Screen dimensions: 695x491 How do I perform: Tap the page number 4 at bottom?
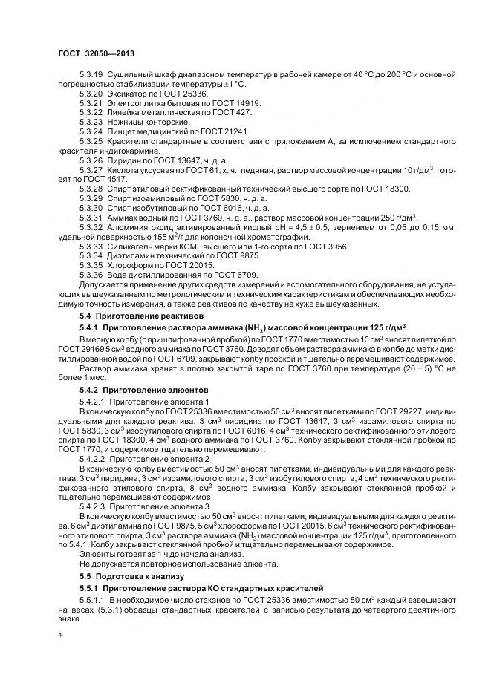59,636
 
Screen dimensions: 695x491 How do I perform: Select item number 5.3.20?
90,96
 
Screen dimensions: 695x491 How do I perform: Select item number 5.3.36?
90,275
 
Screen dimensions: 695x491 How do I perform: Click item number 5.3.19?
90,76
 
